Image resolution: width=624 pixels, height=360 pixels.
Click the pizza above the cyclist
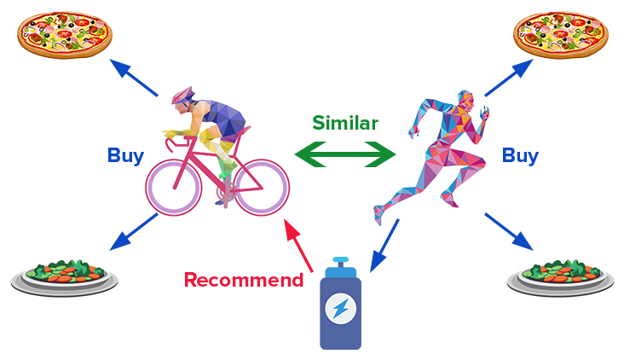tap(65, 35)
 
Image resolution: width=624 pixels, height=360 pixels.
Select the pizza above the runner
tap(561, 35)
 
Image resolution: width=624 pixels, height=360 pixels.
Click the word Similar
tap(345, 123)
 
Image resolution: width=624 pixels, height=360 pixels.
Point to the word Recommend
tap(244, 280)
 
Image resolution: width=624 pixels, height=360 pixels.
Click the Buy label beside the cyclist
tap(125, 156)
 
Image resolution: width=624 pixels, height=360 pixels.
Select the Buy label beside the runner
tap(520, 156)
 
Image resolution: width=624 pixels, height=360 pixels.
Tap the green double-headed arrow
tap(345, 154)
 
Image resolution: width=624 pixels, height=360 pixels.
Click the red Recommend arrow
tap(298, 246)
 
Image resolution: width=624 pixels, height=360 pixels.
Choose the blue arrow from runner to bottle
tap(384, 246)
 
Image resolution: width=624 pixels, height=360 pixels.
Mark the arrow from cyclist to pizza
tap(133, 78)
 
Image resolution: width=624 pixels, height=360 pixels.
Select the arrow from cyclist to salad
tap(133, 232)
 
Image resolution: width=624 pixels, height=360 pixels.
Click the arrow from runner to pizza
tap(509, 78)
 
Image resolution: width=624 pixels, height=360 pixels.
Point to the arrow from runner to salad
tap(509, 232)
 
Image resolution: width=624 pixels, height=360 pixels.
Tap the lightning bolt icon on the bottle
tap(340, 309)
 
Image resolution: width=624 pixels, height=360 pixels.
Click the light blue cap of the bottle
tap(341, 267)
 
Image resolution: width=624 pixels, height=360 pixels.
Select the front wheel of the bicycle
tap(174, 188)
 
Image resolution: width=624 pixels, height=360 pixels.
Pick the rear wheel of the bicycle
tap(262, 188)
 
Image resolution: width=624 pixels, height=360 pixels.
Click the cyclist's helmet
tap(182, 96)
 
